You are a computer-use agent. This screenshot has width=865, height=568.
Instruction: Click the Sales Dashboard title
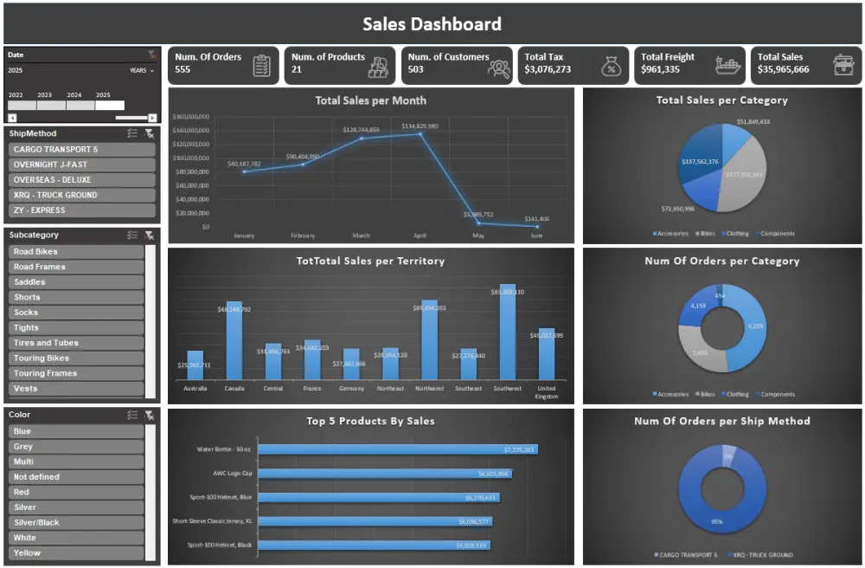coord(432,24)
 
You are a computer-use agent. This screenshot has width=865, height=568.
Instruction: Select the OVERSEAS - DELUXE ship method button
coord(82,180)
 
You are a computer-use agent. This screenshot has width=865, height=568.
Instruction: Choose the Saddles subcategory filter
coord(76,282)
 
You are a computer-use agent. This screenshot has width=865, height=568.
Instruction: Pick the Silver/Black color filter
coord(76,523)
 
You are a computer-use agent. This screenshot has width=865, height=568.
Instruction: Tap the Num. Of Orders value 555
coord(183,70)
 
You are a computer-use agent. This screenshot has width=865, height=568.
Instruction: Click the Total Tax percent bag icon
coord(611,66)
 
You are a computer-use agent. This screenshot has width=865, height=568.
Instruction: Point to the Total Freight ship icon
coord(728,66)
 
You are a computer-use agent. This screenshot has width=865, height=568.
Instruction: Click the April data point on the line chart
coord(420,134)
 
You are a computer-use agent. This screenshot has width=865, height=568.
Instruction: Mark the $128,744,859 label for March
coord(361,130)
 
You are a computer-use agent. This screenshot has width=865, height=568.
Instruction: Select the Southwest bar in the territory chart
coord(508,332)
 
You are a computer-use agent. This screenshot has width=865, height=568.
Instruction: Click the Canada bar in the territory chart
coord(234,340)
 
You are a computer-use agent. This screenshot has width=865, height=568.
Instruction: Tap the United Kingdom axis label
coord(547,392)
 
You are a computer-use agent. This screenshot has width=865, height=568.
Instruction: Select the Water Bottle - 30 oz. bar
coord(397,449)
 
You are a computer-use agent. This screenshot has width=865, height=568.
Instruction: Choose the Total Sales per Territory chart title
coord(370,261)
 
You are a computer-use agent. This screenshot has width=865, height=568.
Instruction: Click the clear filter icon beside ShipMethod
coord(150,133)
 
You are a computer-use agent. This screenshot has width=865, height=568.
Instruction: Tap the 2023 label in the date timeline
coord(44,95)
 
